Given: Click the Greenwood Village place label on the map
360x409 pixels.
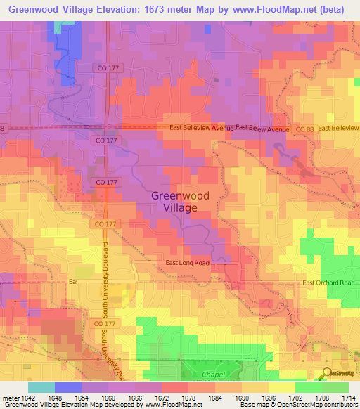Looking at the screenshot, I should pos(172,202).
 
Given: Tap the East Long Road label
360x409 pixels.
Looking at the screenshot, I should pos(187,262).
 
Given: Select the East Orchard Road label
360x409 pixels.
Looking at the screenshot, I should pos(330,283).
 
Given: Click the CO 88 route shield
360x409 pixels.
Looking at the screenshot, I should pos(303,129).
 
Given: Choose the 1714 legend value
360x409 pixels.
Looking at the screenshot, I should pos(349,398).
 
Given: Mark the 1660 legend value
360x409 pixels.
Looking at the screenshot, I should pos(109,398).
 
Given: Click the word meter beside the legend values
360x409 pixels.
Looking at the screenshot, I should pos(9,398).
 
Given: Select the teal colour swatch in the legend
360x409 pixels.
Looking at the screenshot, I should pos(41,387).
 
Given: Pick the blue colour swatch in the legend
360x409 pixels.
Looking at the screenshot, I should pos(67,387).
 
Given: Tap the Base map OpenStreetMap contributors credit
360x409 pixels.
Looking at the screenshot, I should pos(298,405).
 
